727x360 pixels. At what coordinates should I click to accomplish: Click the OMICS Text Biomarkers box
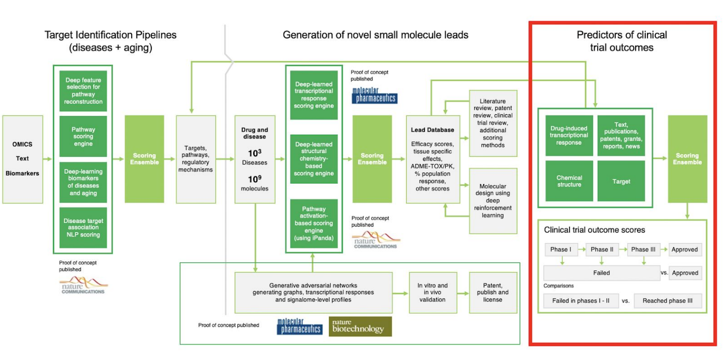pyautogui.click(x=22, y=159)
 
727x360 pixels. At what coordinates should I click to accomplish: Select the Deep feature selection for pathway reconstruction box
pyautogui.click(x=83, y=91)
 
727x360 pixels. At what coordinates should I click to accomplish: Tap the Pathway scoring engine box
pyautogui.click(x=83, y=136)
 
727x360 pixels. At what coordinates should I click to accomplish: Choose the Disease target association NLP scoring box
pyautogui.click(x=83, y=227)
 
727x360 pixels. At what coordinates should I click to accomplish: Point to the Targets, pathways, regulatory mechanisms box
pyautogui.click(x=196, y=159)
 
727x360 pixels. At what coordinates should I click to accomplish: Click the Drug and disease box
pyautogui.click(x=255, y=159)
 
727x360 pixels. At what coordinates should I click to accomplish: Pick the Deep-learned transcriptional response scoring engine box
pyautogui.click(x=314, y=95)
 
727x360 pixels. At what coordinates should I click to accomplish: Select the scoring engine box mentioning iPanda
pyautogui.click(x=314, y=224)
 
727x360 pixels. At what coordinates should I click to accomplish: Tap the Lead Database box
pyautogui.click(x=432, y=159)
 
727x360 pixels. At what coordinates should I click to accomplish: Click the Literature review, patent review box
pyautogui.click(x=493, y=123)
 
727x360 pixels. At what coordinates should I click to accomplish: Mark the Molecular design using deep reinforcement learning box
pyautogui.click(x=493, y=201)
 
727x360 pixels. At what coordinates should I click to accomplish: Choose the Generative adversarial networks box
pyautogui.click(x=314, y=292)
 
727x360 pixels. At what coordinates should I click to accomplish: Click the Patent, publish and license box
pyautogui.click(x=493, y=292)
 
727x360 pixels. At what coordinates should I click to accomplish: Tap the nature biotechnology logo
pyautogui.click(x=360, y=326)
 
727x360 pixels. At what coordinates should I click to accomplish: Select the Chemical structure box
pyautogui.click(x=570, y=181)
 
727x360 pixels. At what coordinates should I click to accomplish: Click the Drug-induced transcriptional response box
pyautogui.click(x=570, y=136)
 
